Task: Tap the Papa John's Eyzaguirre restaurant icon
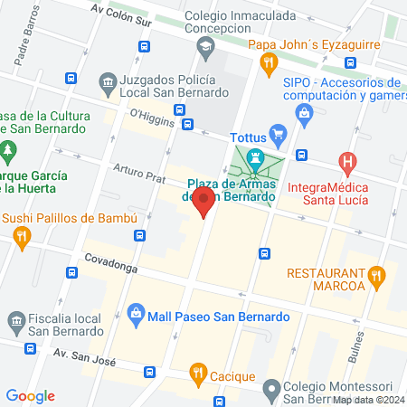click(x=267, y=62)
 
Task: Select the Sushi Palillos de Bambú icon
click(x=23, y=237)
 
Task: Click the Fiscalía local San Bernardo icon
click(x=15, y=321)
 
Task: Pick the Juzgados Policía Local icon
click(x=108, y=83)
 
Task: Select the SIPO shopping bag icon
click(x=305, y=112)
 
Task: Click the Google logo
click(x=30, y=395)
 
